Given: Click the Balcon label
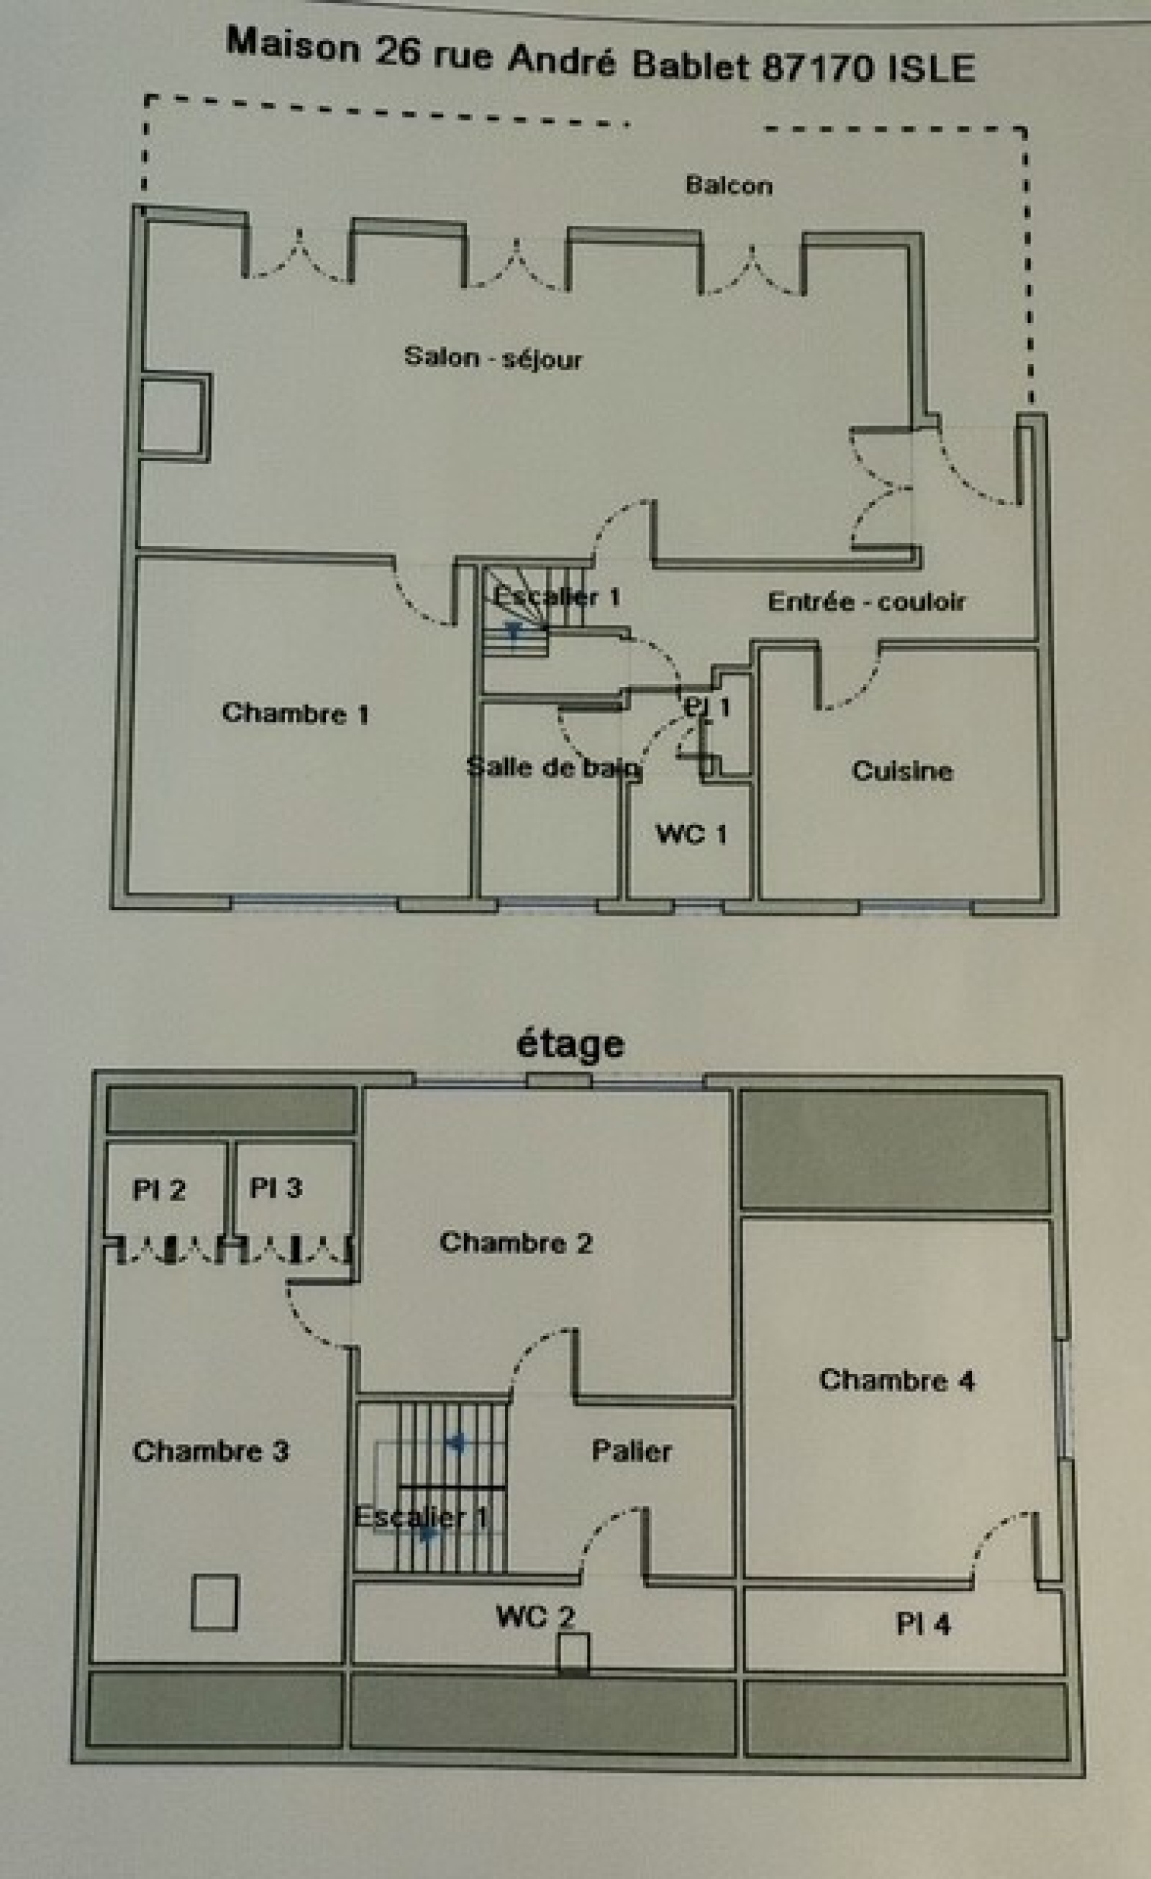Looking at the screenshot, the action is click(x=729, y=186).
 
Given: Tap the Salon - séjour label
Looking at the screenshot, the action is click(x=493, y=357).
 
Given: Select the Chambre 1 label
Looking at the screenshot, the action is click(x=295, y=713).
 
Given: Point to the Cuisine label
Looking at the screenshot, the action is click(x=901, y=770).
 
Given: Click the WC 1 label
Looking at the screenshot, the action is click(x=691, y=834).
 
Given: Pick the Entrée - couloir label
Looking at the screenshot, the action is click(x=867, y=601).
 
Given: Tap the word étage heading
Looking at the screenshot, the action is click(x=570, y=1044).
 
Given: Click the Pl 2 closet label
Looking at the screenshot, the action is click(x=159, y=1189).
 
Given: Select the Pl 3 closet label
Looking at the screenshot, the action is click(x=276, y=1188).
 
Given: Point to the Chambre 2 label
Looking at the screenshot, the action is click(x=516, y=1242).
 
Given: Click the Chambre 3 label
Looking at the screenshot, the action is click(x=211, y=1450).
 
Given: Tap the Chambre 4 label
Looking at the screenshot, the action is click(x=897, y=1380).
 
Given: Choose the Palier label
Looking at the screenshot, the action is click(x=632, y=1450).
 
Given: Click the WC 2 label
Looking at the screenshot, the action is click(x=534, y=1616).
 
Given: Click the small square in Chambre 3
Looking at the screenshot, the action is click(x=214, y=1602).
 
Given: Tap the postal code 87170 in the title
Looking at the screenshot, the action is click(x=818, y=68).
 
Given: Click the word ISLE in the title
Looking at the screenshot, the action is click(x=932, y=68).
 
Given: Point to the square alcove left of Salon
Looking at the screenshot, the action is click(x=174, y=417).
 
